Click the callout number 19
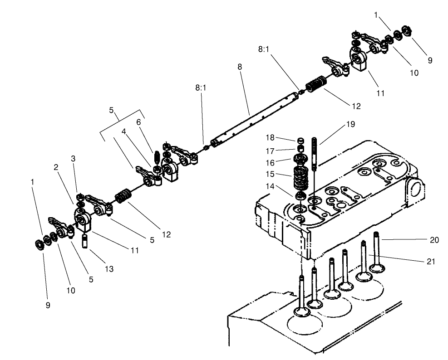(x=350, y=124)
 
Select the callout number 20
(x=434, y=240)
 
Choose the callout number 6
(x=138, y=122)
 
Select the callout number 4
(x=123, y=131)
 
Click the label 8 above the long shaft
(x=239, y=67)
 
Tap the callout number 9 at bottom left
(x=48, y=305)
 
